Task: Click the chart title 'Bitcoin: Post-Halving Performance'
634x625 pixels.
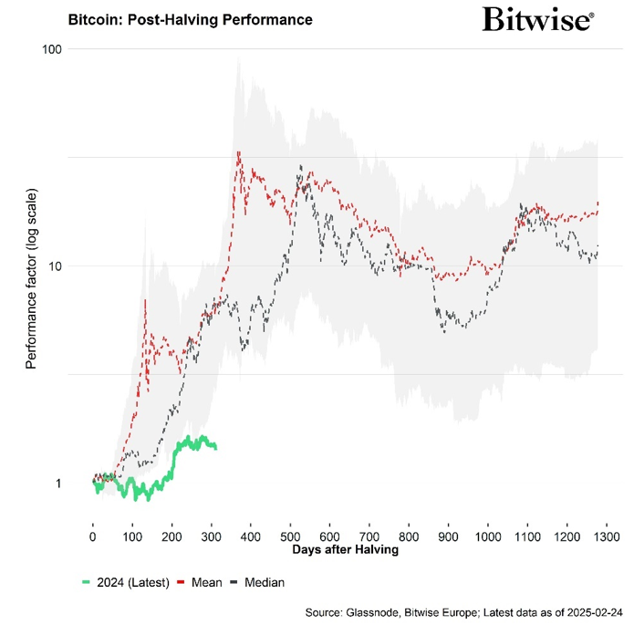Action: point(191,19)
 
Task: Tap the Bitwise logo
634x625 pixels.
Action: point(538,19)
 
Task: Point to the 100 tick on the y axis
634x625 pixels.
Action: point(51,48)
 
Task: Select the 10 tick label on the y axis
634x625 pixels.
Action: point(55,266)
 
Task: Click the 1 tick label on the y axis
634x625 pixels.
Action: point(58,484)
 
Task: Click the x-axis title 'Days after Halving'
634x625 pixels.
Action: point(346,550)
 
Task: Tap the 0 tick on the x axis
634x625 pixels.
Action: point(93,536)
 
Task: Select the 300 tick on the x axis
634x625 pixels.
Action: point(212,536)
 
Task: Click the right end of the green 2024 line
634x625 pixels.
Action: point(215,447)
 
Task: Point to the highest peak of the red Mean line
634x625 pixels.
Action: point(238,152)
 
